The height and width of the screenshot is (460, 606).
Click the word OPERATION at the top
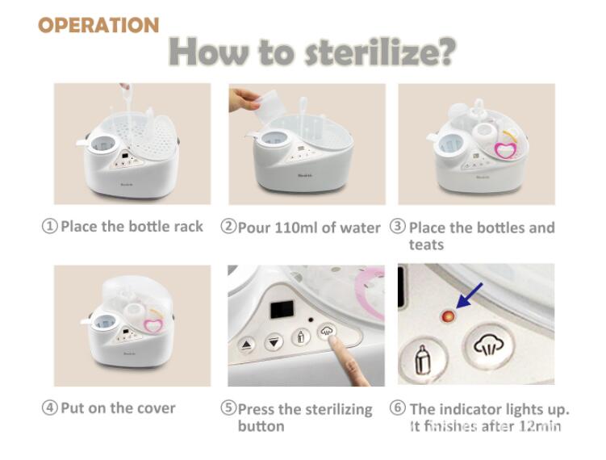click(x=98, y=25)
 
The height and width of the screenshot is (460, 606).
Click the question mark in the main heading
click(x=445, y=52)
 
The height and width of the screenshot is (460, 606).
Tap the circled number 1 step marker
click(x=49, y=226)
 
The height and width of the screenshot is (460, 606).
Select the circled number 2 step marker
click(x=228, y=226)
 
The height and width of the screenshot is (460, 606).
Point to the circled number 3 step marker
click(x=397, y=226)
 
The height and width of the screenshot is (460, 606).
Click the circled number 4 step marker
click(x=49, y=408)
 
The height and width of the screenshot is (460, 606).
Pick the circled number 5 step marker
click(x=228, y=408)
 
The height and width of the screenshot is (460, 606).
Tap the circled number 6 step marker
click(x=397, y=408)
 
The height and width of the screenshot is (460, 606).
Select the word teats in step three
click(x=426, y=245)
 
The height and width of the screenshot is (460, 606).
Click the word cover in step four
click(x=157, y=408)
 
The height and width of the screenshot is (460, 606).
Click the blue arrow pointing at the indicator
click(x=470, y=295)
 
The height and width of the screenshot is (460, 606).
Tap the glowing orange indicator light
click(x=448, y=316)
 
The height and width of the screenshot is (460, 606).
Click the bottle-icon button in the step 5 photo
click(x=301, y=337)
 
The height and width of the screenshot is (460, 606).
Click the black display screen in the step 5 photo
click(x=282, y=309)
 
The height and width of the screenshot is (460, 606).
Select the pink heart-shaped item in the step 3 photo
click(x=505, y=149)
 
